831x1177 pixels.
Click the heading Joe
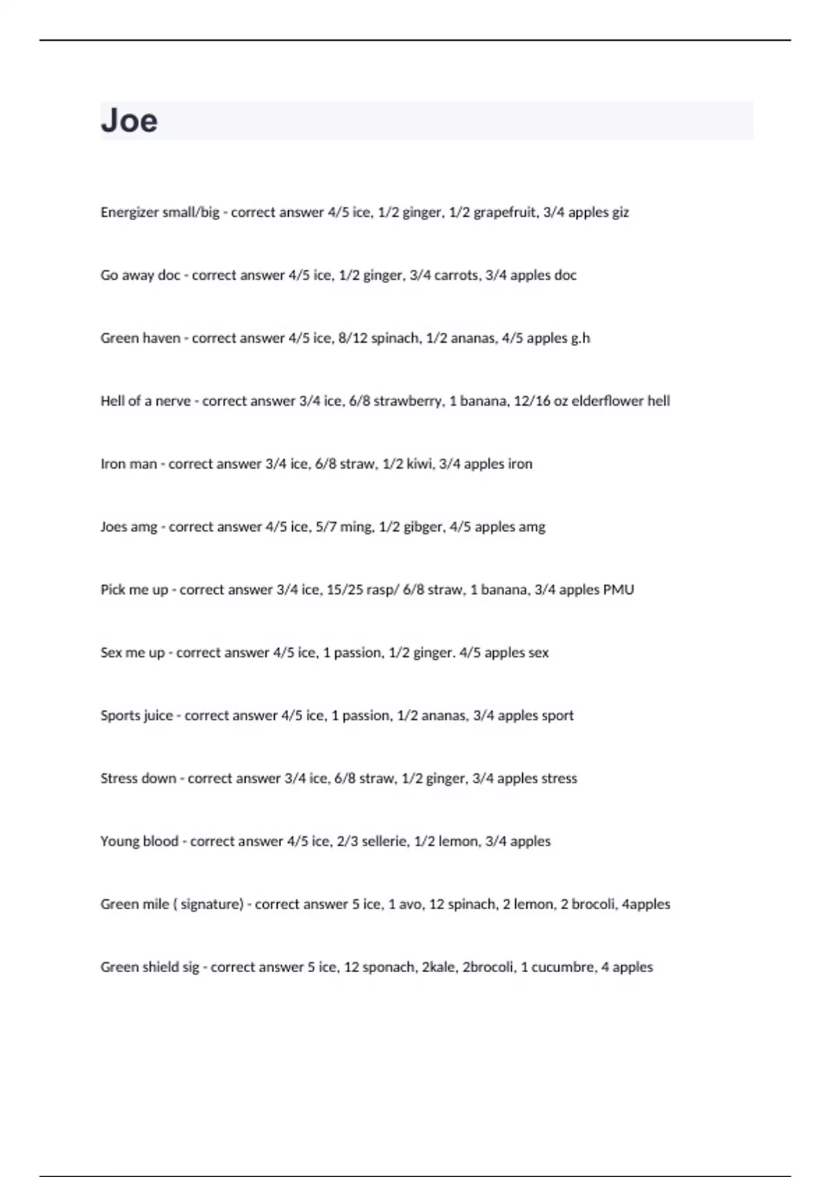(x=129, y=120)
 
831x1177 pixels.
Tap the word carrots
(x=456, y=276)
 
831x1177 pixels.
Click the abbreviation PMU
(x=618, y=590)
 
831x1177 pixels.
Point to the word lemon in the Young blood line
(x=458, y=841)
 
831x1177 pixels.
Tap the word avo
(x=411, y=904)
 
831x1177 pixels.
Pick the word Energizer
(x=129, y=213)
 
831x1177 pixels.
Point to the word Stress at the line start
(x=119, y=778)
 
